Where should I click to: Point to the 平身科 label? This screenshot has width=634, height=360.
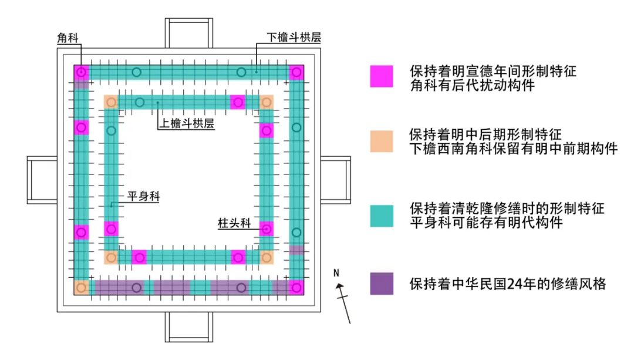144,197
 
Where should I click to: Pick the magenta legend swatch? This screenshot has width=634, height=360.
382,76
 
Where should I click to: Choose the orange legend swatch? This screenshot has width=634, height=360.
382,141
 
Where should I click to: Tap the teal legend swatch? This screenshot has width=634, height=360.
382,215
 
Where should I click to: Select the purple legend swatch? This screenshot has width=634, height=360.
382,283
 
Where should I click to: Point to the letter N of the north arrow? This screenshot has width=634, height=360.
336,273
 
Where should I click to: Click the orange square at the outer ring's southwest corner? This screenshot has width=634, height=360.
82,288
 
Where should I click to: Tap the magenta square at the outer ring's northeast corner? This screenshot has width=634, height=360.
297,72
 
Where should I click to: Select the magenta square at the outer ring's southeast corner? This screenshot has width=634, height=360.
297,288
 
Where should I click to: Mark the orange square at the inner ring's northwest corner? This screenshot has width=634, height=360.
111,102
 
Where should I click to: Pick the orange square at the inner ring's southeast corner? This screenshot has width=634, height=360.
267,257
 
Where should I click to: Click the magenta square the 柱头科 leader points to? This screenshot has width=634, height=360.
267,228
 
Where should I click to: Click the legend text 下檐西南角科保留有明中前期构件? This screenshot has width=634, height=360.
514,149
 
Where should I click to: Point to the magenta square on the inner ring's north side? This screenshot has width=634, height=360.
238,102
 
